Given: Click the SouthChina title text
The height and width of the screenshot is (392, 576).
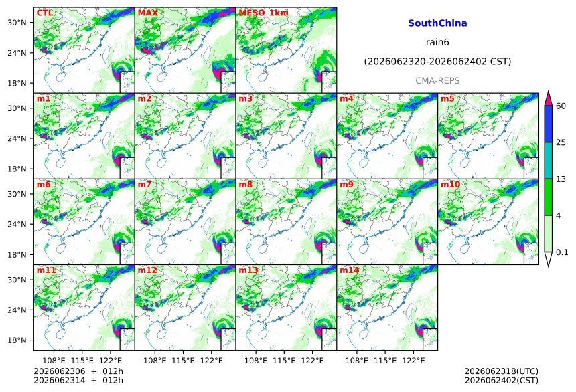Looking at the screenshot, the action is tap(437, 23).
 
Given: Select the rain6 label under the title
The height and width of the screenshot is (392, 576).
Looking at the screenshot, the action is tap(437, 42).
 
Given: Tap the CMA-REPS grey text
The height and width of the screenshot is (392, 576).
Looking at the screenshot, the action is tap(437, 81).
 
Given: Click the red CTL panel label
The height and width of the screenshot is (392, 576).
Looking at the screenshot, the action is tap(44, 13).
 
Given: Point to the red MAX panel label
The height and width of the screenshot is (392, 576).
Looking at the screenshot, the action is tap(147, 13).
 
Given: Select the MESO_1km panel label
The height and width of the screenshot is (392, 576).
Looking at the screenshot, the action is tap(263, 13).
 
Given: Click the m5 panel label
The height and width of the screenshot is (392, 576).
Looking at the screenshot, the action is tap(447, 99).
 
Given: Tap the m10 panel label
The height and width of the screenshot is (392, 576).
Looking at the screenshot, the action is tap(450, 184).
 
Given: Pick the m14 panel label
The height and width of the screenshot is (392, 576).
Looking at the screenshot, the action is tap(350, 270).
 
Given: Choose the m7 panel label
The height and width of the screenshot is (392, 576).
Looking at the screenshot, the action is tap(145, 184).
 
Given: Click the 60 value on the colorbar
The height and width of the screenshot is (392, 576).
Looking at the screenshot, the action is tap(561, 106).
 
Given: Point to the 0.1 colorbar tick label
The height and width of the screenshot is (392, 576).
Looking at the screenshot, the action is tap(562, 252).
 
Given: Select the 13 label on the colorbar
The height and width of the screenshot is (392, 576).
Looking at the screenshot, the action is tap(561, 179).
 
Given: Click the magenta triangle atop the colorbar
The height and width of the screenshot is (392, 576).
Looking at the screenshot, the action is tap(549, 98).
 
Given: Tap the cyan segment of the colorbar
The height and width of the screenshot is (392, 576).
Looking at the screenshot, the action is tap(549, 161).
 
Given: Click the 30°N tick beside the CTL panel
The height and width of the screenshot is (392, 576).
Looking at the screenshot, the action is tap(17, 23).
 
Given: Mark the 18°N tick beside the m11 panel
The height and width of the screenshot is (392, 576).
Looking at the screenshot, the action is tap(17, 340).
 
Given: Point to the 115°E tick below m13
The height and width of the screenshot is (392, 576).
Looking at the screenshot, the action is tap(284, 361).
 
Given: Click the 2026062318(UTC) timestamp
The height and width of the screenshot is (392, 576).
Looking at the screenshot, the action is tap(502, 372).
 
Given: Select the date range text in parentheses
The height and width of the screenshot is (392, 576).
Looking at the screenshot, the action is tap(437, 62).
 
